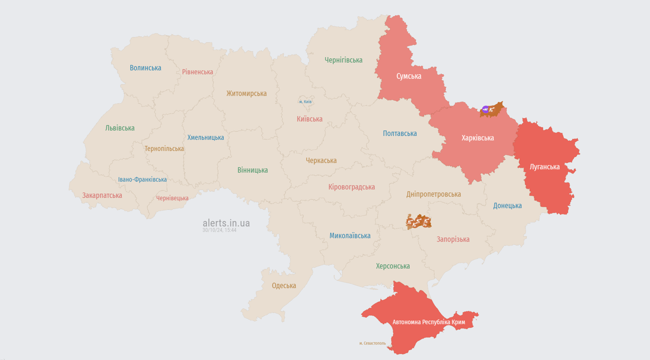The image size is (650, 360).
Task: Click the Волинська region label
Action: [145, 68]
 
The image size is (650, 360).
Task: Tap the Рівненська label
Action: [197, 72]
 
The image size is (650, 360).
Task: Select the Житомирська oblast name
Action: [246, 94]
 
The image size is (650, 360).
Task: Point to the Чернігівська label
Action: [344, 60]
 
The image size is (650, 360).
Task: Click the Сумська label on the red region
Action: [409, 76]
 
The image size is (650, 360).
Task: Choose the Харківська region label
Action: [478, 138]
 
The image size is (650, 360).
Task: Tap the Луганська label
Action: [545, 167]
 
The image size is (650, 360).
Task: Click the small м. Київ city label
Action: [305, 102]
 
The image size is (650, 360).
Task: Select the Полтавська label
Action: [400, 134]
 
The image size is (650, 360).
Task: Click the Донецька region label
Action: [507, 206]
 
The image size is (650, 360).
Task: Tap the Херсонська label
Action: [393, 266]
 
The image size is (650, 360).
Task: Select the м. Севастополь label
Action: [373, 343]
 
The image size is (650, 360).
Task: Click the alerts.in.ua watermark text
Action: [226, 223]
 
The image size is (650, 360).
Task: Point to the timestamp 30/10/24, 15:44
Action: [219, 230]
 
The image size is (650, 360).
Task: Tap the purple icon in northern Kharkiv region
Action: [485, 109]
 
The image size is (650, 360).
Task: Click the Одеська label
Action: [284, 286]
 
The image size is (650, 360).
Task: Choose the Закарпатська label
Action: [102, 195]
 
